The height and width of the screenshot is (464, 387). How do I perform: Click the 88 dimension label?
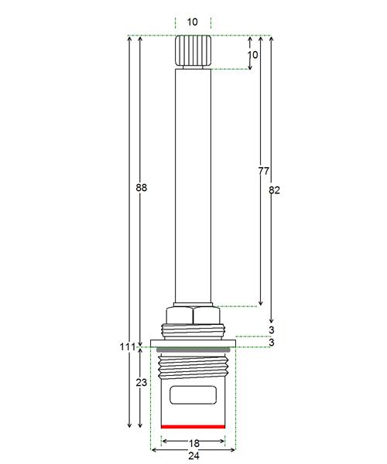[x=141, y=188]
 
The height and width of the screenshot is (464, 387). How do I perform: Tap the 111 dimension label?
[x=127, y=346]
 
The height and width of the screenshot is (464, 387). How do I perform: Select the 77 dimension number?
[x=263, y=171]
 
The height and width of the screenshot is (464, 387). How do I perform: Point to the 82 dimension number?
[x=274, y=190]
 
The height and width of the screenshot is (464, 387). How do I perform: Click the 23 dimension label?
[x=141, y=383]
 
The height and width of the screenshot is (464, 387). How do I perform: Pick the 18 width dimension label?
[x=194, y=443]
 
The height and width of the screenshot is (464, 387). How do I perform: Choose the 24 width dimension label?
[x=194, y=455]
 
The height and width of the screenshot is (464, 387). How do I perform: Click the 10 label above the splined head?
[x=193, y=22]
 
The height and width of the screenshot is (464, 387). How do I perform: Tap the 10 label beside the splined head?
[x=252, y=55]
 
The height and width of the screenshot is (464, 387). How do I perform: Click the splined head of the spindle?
[x=193, y=50]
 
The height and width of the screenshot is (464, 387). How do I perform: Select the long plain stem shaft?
[x=193, y=186]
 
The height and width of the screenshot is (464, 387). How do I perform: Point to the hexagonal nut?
[x=193, y=316]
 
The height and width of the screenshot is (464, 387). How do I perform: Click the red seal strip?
[x=193, y=426]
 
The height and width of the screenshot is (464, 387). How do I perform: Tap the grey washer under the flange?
[x=193, y=350]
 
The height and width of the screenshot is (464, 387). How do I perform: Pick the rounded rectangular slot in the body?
[x=193, y=395]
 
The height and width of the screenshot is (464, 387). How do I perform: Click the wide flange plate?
[x=193, y=343]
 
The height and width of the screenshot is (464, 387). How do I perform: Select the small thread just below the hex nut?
[x=193, y=332]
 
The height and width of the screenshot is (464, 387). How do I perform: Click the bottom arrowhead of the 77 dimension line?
[x=261, y=303]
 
